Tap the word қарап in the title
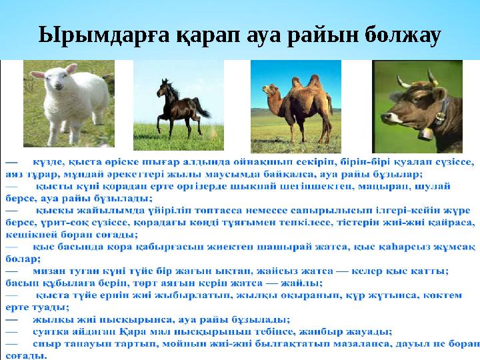pyautogui.click(x=203, y=34)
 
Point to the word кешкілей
pyautogui.click(x=27, y=233)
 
